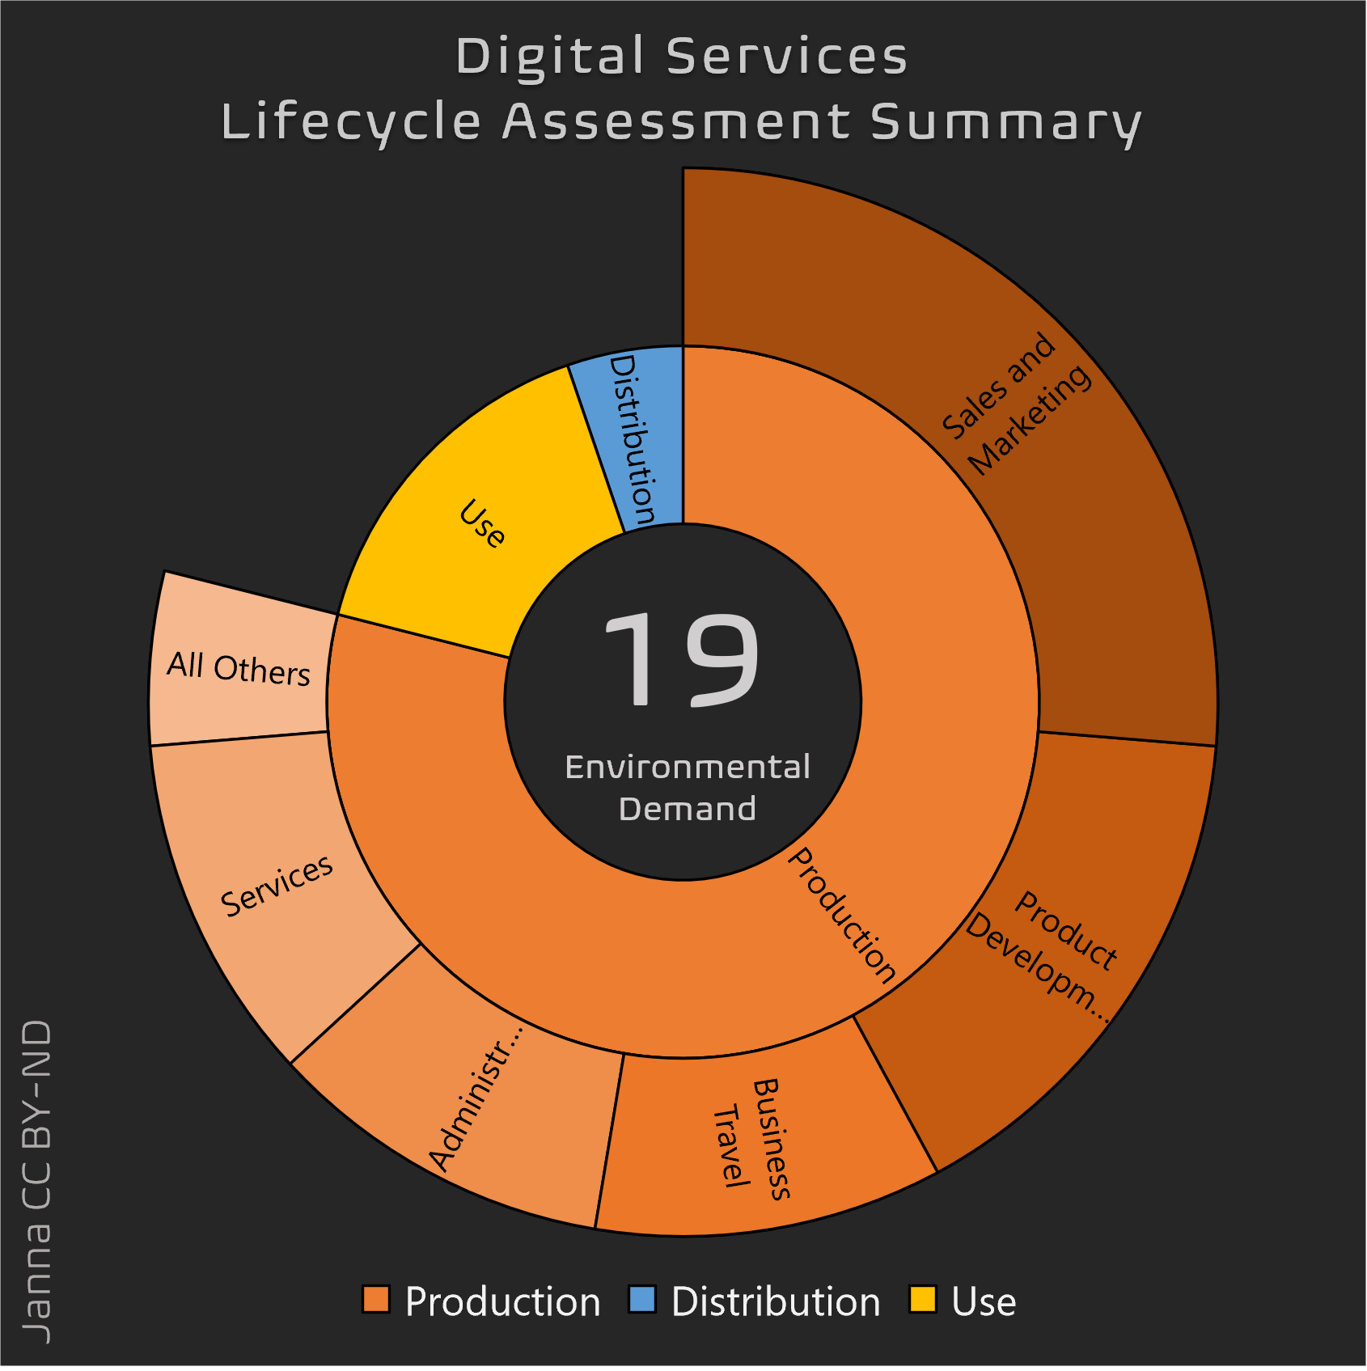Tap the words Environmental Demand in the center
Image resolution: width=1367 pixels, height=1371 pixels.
click(x=687, y=787)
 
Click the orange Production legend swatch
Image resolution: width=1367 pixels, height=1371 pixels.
click(x=376, y=1300)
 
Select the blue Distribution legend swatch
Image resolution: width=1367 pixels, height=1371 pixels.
click(x=642, y=1300)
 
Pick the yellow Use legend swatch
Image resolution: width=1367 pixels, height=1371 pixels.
click(x=923, y=1300)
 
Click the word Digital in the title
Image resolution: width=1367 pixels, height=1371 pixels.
click(x=550, y=57)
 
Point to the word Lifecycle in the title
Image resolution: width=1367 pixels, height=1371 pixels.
click(x=351, y=123)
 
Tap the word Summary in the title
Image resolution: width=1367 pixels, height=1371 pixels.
click(x=1005, y=123)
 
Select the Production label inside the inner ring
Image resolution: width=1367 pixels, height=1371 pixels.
click(x=841, y=914)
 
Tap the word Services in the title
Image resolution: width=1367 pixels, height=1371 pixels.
click(x=787, y=57)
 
